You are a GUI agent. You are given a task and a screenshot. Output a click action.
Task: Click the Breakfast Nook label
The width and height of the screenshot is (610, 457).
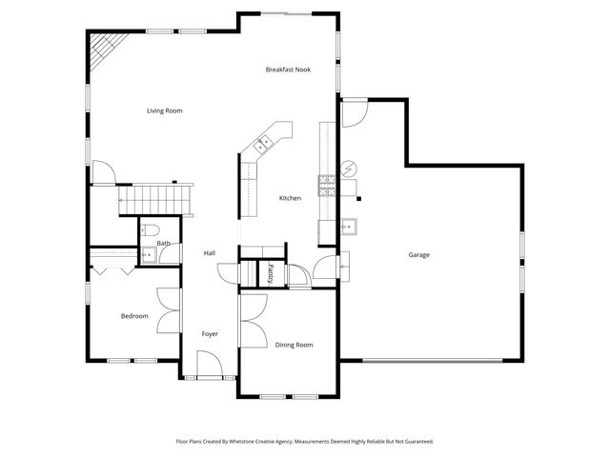tap(288, 70)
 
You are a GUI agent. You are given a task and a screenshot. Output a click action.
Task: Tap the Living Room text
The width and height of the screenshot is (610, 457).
tap(164, 111)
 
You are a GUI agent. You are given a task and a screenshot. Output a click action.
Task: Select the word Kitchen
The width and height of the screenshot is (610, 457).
tap(290, 198)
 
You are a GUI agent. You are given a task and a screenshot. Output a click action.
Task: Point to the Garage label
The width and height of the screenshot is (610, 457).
tap(418, 255)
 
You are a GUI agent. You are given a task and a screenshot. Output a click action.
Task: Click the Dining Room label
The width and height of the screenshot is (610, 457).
tap(294, 345)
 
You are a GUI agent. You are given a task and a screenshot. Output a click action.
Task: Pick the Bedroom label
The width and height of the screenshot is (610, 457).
tap(133, 316)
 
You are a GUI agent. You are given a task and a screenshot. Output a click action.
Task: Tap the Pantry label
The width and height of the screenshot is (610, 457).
tap(271, 272)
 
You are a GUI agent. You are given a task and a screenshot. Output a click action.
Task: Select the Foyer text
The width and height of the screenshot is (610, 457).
tap(210, 334)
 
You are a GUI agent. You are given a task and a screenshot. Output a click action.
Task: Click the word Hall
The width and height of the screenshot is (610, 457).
tap(209, 253)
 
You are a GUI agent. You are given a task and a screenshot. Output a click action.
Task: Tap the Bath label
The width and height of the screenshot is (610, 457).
tap(164, 244)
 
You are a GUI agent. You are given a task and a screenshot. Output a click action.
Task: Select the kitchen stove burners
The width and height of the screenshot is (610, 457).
tap(326, 184)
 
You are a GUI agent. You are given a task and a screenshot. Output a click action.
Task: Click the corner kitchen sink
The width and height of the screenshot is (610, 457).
tap(262, 144)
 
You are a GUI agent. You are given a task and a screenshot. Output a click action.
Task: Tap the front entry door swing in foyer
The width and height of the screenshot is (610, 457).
tap(210, 365)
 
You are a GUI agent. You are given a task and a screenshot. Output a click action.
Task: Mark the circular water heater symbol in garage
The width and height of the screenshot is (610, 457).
tap(349, 169)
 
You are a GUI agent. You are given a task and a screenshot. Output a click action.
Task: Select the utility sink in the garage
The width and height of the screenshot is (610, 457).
tap(350, 227)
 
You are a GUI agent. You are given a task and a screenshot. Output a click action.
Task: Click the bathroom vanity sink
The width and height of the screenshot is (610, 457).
tap(147, 254)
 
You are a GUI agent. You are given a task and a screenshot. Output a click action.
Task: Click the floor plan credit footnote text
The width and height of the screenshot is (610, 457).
tap(304, 442)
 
